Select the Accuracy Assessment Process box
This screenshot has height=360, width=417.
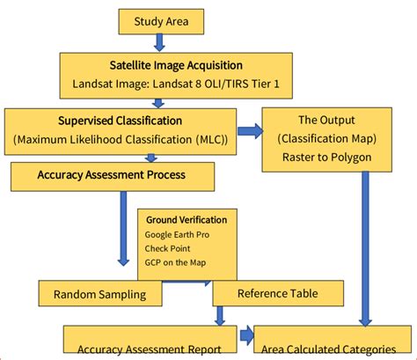(x=112, y=175)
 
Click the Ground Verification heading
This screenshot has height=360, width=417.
(x=186, y=220)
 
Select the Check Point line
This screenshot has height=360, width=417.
(x=168, y=249)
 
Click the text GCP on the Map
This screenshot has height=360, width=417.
(x=177, y=263)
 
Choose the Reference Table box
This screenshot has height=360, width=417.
(x=278, y=293)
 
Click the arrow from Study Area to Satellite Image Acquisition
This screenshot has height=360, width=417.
(x=159, y=42)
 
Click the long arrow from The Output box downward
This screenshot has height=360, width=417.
(x=367, y=246)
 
